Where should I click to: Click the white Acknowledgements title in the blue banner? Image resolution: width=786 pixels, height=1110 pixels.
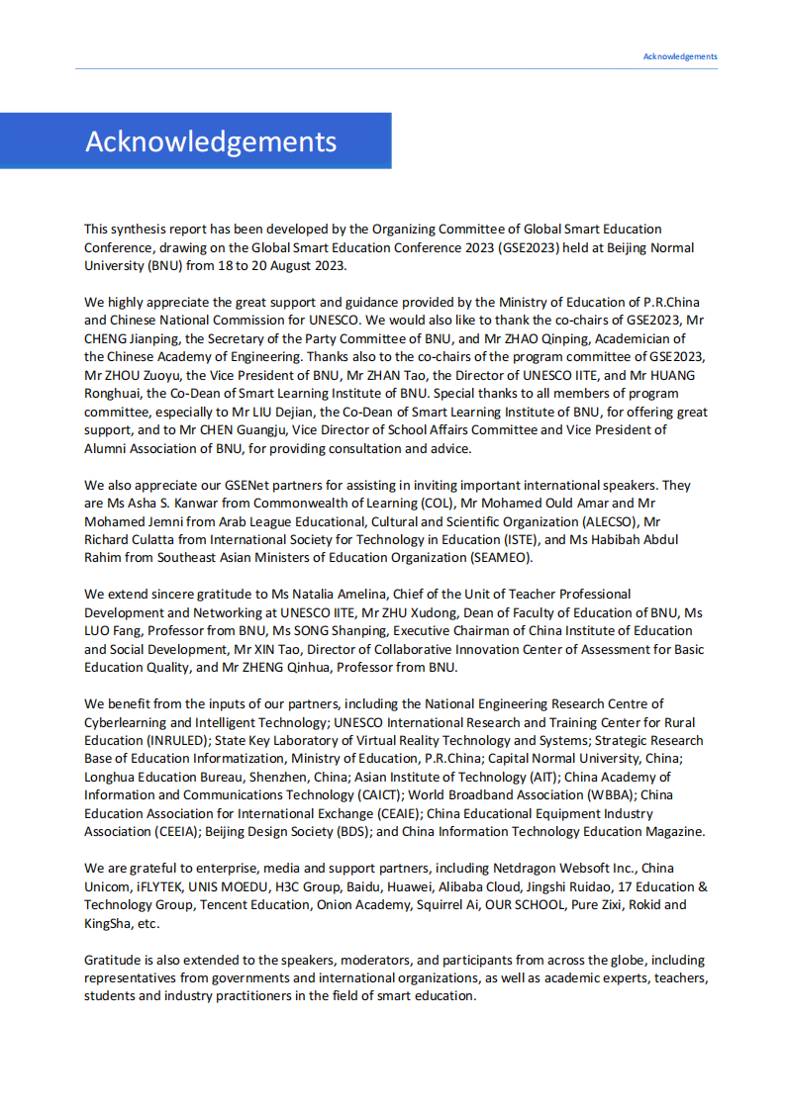[211, 141]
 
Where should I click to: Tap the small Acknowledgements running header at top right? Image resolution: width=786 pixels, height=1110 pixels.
[680, 56]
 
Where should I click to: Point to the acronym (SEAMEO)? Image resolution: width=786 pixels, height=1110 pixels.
[499, 558]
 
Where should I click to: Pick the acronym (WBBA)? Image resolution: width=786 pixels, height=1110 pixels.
[613, 795]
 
